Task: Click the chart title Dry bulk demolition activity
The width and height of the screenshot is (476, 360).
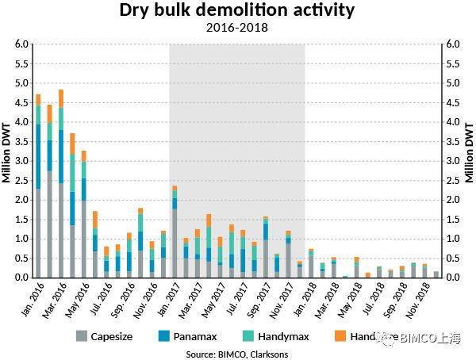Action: [236, 11]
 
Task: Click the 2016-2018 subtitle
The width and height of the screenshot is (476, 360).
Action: [236, 28]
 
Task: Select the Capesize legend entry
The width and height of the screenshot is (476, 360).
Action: [109, 335]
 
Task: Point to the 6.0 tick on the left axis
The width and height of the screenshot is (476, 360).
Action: [21, 44]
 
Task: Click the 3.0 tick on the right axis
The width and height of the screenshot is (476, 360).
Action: [453, 161]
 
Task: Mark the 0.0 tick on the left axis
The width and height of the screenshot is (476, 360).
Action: [21, 278]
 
